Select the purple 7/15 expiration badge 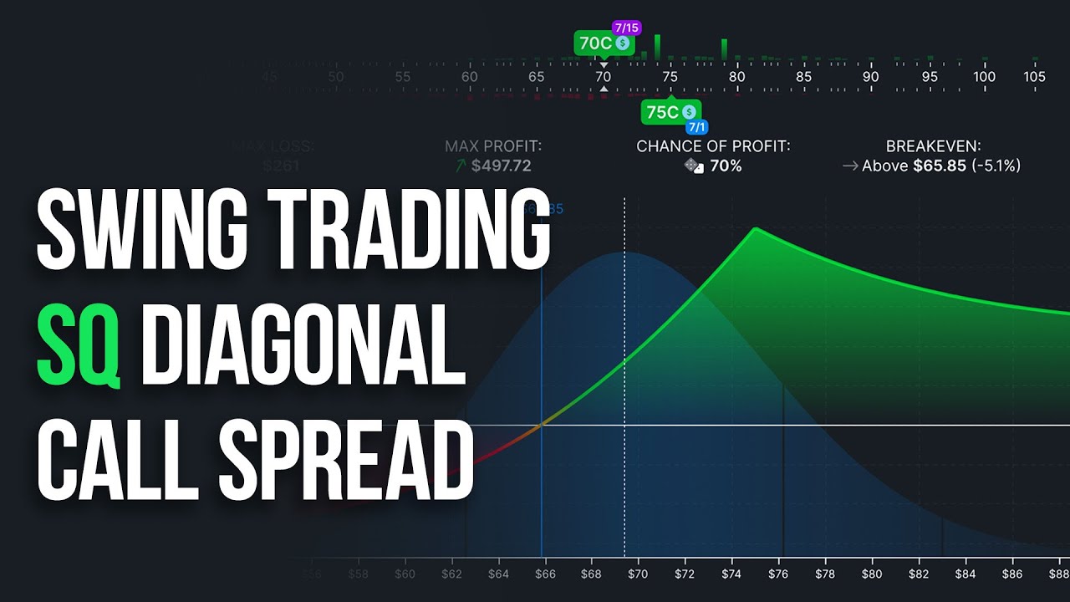626,28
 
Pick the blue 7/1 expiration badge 696,127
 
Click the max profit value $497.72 501,166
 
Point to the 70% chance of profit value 726,166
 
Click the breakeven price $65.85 939,166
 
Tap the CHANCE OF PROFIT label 713,146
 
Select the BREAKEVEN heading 932,146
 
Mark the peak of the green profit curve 755,228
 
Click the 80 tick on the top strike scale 736,77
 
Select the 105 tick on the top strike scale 1034,77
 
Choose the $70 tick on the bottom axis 638,574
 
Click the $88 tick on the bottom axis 1058,574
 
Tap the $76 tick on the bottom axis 778,574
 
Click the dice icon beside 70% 694,166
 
